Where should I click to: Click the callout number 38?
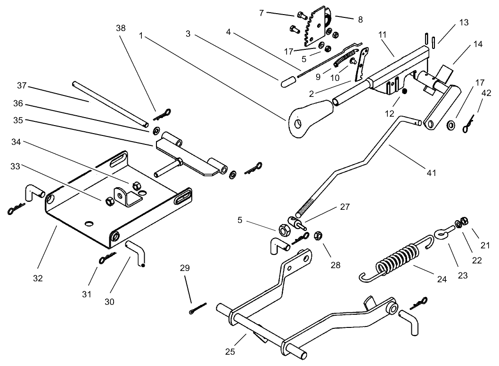click(x=121, y=28)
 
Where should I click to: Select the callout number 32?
click(x=38, y=278)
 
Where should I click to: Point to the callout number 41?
click(x=431, y=173)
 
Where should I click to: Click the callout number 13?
click(x=465, y=22)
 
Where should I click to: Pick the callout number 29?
click(x=185, y=268)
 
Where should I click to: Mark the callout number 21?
click(x=485, y=245)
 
